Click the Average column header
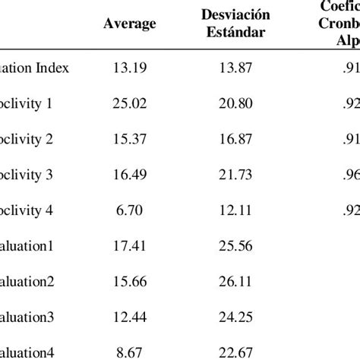click(130, 24)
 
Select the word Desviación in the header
click(235, 14)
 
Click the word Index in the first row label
click(52, 68)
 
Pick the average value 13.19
click(130, 68)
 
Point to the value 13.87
click(235, 68)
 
